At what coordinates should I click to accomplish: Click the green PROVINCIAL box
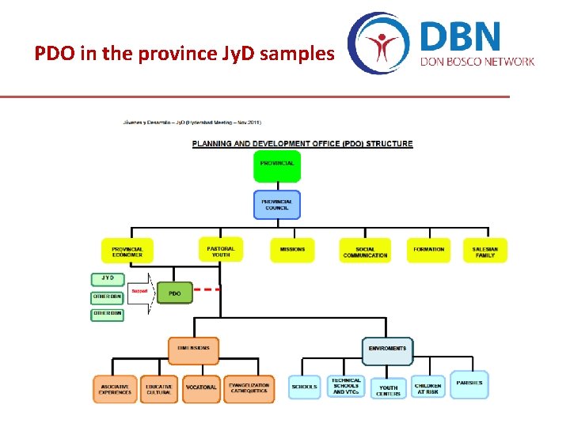pos(277,164)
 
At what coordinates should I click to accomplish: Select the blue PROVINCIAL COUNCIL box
pos(277,205)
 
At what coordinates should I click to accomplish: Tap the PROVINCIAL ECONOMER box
pos(127,251)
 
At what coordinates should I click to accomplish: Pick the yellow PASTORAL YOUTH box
pos(221,249)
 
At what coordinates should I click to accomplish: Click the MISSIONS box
pos(292,250)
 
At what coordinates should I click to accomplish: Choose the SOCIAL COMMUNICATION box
pos(365,251)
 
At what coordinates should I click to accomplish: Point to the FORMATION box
pos(428,250)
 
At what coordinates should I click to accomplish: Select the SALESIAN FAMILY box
pos(484,250)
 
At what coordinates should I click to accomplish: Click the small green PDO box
pos(175,293)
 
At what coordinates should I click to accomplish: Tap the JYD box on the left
pos(107,278)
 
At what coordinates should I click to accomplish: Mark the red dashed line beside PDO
pos(207,289)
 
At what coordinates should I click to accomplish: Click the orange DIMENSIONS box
pos(193,349)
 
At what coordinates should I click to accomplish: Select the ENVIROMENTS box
pos(387,350)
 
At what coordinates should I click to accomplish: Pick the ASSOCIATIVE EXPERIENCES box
pos(115,389)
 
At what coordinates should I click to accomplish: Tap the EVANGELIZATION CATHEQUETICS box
pos(249,388)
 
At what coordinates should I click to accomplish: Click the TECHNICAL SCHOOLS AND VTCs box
pos(346,387)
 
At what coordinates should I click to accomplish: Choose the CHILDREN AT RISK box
pos(428,387)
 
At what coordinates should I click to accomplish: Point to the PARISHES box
pos(469,384)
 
